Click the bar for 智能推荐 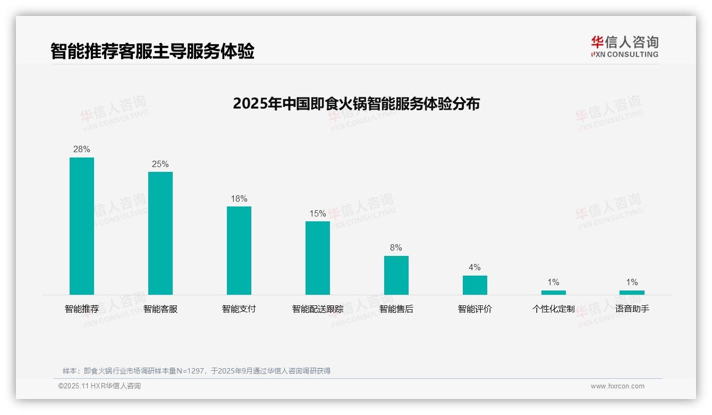pos(82,226)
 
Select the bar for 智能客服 pos(160,233)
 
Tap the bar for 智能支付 pos(239,250)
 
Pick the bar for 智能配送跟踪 pos(318,258)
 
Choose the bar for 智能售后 pos(396,275)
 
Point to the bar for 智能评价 pos(475,285)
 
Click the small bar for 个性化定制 pos(554,292)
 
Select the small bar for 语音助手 pos(632,292)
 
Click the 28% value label pos(82,150)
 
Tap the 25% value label pos(160,164)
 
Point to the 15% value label pos(318,213)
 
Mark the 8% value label pos(396,248)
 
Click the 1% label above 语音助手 pos(632,283)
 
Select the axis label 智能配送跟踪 pos(318,309)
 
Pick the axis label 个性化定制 pos(554,309)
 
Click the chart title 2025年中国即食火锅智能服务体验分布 pos(356,103)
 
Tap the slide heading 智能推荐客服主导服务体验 pos(152,51)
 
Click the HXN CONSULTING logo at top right pos(625,47)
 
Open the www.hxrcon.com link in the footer pos(617,386)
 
